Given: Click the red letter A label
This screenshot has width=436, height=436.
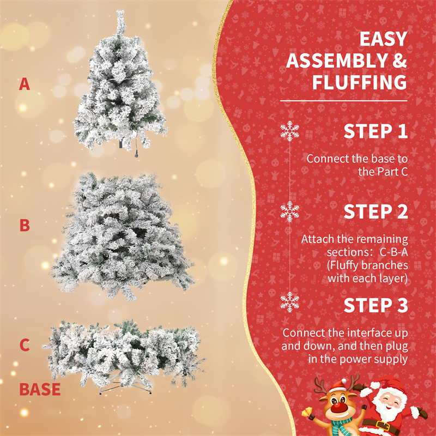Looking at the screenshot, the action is [x=25, y=84].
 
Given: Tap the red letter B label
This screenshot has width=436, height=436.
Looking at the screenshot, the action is [x=25, y=226].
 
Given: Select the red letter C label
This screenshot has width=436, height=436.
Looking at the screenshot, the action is [x=25, y=345].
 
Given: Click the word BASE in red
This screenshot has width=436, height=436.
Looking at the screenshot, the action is [x=40, y=389].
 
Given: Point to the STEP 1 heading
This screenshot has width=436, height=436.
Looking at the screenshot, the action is [x=376, y=131].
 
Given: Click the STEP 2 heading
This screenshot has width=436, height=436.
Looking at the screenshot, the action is [x=376, y=212].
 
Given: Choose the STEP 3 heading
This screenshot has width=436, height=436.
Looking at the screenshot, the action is [x=376, y=305].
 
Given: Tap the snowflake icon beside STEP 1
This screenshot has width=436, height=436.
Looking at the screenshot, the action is [x=290, y=131].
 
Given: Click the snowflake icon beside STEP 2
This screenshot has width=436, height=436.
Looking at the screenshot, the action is [x=290, y=211].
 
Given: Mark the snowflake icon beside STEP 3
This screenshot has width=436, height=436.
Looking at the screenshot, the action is [x=290, y=302].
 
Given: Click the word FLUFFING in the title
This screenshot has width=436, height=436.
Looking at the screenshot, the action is [x=360, y=82].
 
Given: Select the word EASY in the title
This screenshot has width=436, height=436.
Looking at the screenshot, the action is [x=384, y=39].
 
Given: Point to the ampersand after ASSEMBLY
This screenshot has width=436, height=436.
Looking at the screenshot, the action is [x=400, y=60].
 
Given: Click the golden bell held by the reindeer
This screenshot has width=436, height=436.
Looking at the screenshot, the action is [x=307, y=412].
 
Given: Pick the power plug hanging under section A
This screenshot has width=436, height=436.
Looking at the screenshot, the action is [x=137, y=154].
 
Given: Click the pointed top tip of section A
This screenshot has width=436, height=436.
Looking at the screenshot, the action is [x=120, y=10].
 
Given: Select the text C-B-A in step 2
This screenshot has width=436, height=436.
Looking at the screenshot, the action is [x=393, y=252].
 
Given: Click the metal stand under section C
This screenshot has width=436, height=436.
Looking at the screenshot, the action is [x=125, y=385].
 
